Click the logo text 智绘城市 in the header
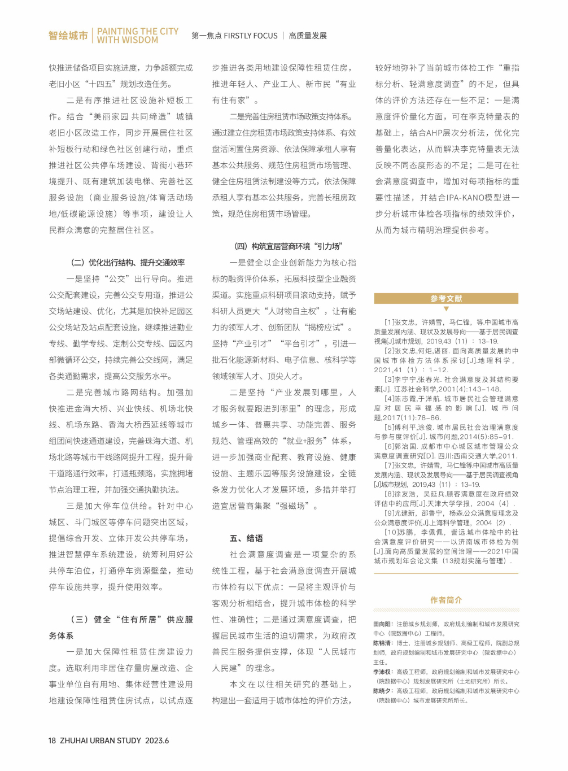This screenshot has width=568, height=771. click(68, 36)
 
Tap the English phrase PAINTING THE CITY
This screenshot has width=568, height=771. click(138, 31)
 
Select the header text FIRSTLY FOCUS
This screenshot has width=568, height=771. click(251, 36)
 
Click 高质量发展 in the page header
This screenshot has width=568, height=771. click(308, 36)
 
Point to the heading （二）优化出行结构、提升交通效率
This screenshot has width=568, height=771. click(128, 263)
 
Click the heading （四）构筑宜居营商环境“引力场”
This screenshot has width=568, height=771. click(288, 246)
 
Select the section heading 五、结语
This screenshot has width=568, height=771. click(246, 538)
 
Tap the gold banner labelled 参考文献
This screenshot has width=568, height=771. click(446, 298)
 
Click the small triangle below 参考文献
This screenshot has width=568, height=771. click(446, 309)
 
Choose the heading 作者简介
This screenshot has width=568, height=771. click(446, 600)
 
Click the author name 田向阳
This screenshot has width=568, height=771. click(383, 624)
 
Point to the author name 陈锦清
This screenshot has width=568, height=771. click(383, 643)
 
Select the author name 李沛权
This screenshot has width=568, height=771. click(383, 672)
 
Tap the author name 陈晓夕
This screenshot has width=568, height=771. click(383, 691)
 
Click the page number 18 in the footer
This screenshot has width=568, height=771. click(52, 740)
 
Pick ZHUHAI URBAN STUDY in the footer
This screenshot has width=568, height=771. click(101, 740)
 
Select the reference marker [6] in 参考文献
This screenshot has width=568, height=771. click(390, 446)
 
